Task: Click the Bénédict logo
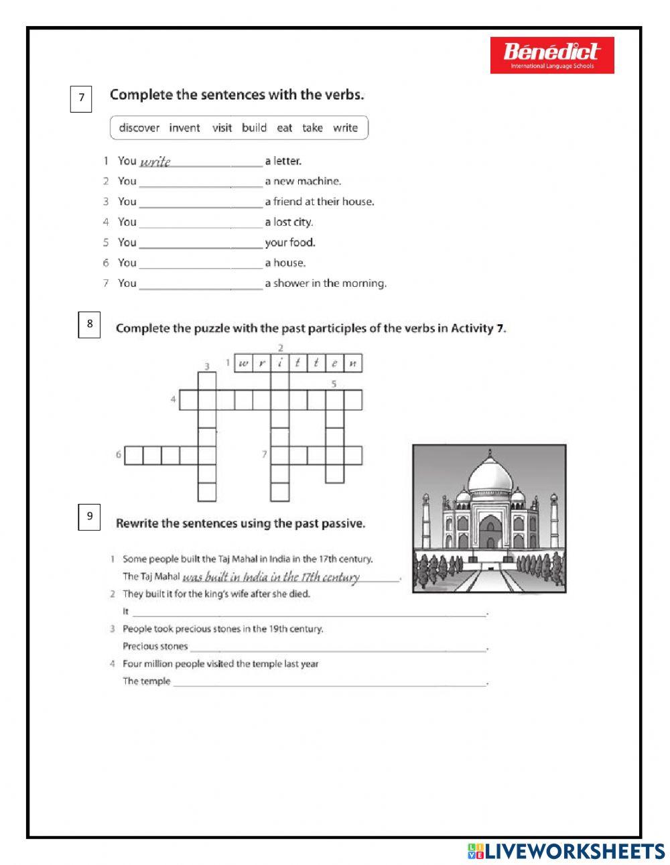(551, 55)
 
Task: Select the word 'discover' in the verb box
(139, 128)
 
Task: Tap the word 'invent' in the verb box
(184, 128)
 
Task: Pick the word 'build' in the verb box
(254, 128)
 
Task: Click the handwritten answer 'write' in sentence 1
(155, 161)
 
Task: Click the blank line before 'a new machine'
(200, 182)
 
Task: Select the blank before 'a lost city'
(200, 223)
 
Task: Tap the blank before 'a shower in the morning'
(200, 284)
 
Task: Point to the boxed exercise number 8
(89, 324)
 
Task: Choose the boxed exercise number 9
(89, 516)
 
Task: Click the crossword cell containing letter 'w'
(243, 363)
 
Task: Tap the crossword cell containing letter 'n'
(352, 363)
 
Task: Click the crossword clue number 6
(119, 455)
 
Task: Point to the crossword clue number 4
(173, 400)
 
